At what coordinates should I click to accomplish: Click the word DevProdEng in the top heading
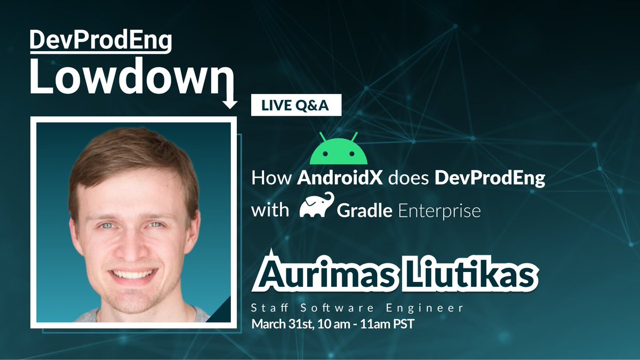click(x=100, y=41)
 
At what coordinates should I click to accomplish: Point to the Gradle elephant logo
click(x=317, y=206)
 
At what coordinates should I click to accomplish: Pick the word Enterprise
click(x=439, y=211)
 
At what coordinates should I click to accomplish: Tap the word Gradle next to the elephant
click(x=365, y=211)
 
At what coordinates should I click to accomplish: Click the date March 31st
click(x=282, y=323)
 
